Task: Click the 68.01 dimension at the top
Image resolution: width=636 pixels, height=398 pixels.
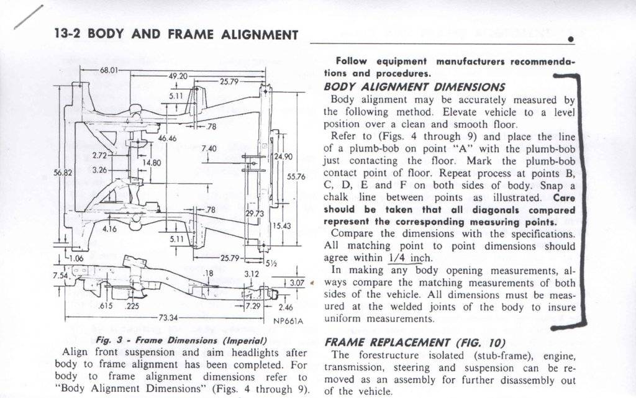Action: pos(109,69)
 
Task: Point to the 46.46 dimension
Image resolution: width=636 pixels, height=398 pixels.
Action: pos(167,138)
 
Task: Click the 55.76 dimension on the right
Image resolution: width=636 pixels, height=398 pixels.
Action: pos(296,176)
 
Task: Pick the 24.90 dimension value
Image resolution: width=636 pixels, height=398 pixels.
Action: pos(284,156)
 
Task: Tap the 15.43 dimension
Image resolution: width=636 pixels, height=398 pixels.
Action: pos(282,226)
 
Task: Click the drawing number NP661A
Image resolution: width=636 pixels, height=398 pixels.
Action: pos(288,322)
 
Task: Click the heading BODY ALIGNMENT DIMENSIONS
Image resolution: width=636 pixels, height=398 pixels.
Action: pos(414,86)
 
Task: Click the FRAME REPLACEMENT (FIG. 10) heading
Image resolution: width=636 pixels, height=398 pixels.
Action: pos(415,343)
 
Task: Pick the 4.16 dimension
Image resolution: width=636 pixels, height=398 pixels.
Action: pos(109,228)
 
